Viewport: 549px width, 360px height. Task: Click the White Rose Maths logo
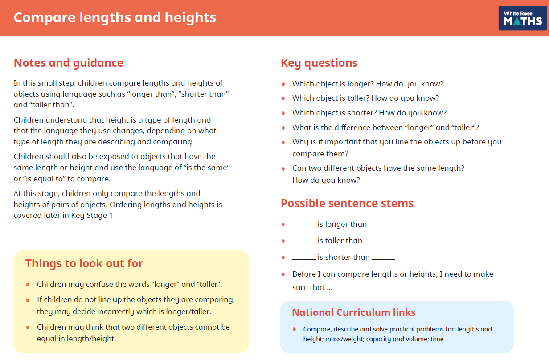[x=522, y=18]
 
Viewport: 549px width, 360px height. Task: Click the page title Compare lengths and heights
[x=115, y=18]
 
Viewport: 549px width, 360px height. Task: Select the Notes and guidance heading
[x=69, y=63]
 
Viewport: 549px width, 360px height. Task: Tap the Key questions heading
[x=319, y=63]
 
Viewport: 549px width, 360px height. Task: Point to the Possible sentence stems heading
[x=347, y=203]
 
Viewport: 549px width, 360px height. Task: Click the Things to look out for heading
[x=84, y=263]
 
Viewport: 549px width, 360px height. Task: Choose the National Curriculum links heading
[x=354, y=312]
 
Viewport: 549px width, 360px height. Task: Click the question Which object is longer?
[x=337, y=84]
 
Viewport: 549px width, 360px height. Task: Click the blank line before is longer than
[x=303, y=226]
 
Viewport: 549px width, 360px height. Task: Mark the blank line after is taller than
[x=376, y=242]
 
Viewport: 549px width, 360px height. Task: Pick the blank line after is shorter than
[x=383, y=259]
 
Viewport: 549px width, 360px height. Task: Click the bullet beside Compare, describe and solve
[x=295, y=329]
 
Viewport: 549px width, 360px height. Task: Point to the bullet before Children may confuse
[x=28, y=284]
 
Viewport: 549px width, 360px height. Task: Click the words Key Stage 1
[x=92, y=216]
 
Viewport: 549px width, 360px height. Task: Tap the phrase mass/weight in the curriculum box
[x=337, y=339]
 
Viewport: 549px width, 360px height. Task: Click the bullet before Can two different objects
[x=283, y=168]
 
